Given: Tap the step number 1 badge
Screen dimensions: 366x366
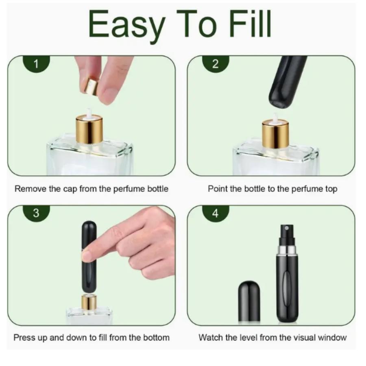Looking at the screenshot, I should (36, 64).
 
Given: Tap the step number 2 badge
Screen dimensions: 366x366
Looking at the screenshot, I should (216, 64).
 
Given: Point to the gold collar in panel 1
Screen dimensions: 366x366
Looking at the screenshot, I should (89, 129).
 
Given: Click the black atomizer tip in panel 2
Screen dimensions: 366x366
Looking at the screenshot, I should (285, 83).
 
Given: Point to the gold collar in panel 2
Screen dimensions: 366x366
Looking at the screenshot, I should (275, 134).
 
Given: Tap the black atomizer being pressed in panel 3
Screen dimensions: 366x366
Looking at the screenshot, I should (89, 256).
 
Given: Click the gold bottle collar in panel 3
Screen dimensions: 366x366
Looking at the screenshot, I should (89, 303).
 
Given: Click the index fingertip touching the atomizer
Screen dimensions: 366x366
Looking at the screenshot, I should (87, 256).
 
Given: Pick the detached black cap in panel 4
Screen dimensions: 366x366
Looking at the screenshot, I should (249, 301).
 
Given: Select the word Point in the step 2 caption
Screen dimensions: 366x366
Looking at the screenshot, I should (217, 189).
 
